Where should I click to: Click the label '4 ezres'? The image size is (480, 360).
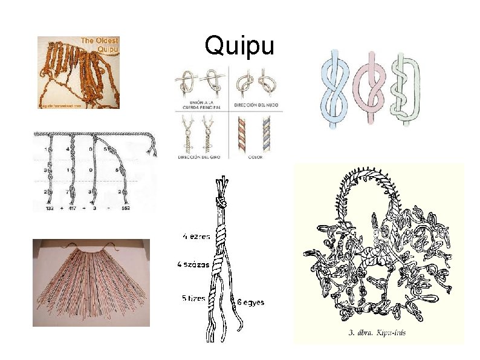coord(197,236)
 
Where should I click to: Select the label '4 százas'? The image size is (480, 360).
coord(193,264)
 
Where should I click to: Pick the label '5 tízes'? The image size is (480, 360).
coord(195,298)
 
